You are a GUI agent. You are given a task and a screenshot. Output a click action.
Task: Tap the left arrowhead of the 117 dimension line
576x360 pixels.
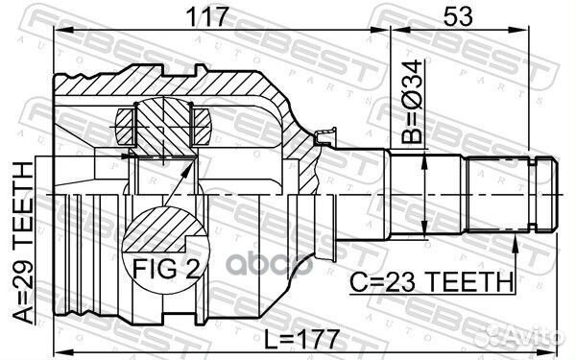(58, 32)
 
